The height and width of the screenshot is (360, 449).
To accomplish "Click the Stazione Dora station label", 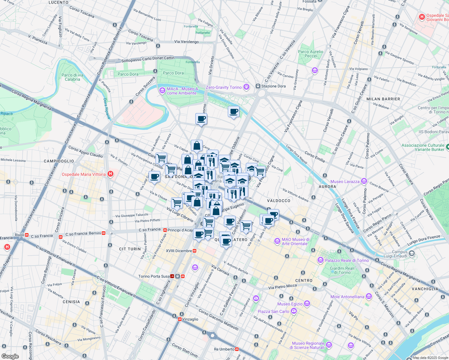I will tap(273, 86).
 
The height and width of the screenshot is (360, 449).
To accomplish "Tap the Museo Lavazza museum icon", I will tap(364, 181).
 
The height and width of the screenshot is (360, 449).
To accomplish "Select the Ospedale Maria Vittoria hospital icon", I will tap(110, 174).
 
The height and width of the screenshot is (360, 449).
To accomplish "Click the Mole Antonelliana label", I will tap(347, 297).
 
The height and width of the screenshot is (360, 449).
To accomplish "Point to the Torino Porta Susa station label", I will tap(154, 276).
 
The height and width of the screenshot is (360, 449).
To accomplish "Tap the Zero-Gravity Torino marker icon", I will tap(246, 87).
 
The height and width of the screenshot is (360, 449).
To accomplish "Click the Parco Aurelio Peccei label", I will tap(311, 54).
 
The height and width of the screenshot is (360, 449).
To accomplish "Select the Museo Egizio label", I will tap(290, 304).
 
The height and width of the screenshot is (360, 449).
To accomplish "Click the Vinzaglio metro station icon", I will tap(180, 319).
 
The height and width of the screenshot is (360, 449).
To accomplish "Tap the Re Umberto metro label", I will tap(224, 349).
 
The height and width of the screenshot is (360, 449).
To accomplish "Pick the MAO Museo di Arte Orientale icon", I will tap(277, 241).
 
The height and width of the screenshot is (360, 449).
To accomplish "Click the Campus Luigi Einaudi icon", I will tap(412, 253).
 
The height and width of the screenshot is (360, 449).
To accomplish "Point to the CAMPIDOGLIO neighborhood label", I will tap(59, 161).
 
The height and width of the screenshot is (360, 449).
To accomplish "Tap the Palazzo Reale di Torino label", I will tap(347, 260).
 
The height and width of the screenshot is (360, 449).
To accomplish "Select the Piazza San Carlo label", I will tap(273, 311).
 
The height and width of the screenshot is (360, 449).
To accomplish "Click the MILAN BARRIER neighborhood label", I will tap(383, 99).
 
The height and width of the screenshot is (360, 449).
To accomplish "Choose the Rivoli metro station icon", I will tap(27, 235).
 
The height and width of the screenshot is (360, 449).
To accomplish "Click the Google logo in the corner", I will tap(10, 356).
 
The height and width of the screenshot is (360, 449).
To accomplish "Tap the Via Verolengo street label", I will tap(186, 42).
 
